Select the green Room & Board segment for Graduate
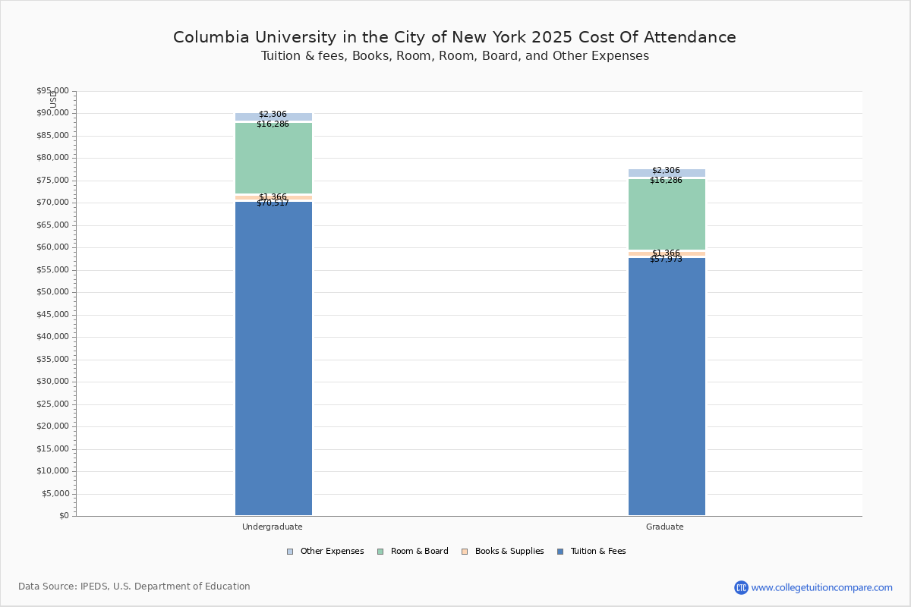pos(667,214)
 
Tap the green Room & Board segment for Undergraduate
pos(273,158)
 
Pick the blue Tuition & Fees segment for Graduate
pos(667,386)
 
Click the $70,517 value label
pos(273,203)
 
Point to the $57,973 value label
pos(666,259)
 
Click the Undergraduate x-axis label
pos(273,527)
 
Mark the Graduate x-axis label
pos(665,527)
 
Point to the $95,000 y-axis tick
pos(52,91)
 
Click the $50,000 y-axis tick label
pos(52,292)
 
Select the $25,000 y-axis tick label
pos(52,404)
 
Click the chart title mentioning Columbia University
pos(455,37)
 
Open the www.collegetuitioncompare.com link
pos(821,587)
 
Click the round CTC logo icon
pos(741,587)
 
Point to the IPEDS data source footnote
pos(134,587)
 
